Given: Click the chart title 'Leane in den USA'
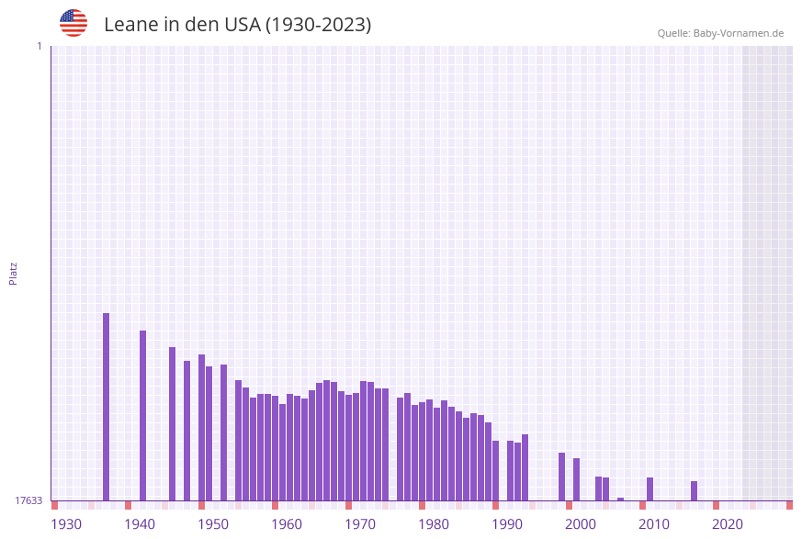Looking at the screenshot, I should coord(237,25).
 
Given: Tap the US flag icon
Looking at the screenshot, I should coord(73,23).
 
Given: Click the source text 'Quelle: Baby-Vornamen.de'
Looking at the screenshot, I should coord(720,33).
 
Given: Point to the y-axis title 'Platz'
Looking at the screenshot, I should coord(14,273).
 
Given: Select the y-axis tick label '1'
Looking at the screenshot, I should coord(40,46).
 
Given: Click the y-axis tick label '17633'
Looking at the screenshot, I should coord(28,500).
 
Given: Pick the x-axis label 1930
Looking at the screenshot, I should coord(66,524).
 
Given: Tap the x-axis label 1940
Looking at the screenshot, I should coord(140,524).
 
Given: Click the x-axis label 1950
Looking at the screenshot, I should coord(213,524).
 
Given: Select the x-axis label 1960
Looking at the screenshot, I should coord(287,524).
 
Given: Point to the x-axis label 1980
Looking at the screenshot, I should coord(434,524).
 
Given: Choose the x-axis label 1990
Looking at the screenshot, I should coord(507,524).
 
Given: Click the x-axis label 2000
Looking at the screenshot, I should coord(581,524).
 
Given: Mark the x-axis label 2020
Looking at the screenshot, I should coord(728,524).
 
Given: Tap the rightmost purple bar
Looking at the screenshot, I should coord(694,490).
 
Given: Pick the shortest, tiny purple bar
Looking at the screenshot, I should coord(620,499).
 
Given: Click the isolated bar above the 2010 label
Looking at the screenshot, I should coord(650,488).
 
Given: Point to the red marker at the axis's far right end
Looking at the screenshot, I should coord(789,505).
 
